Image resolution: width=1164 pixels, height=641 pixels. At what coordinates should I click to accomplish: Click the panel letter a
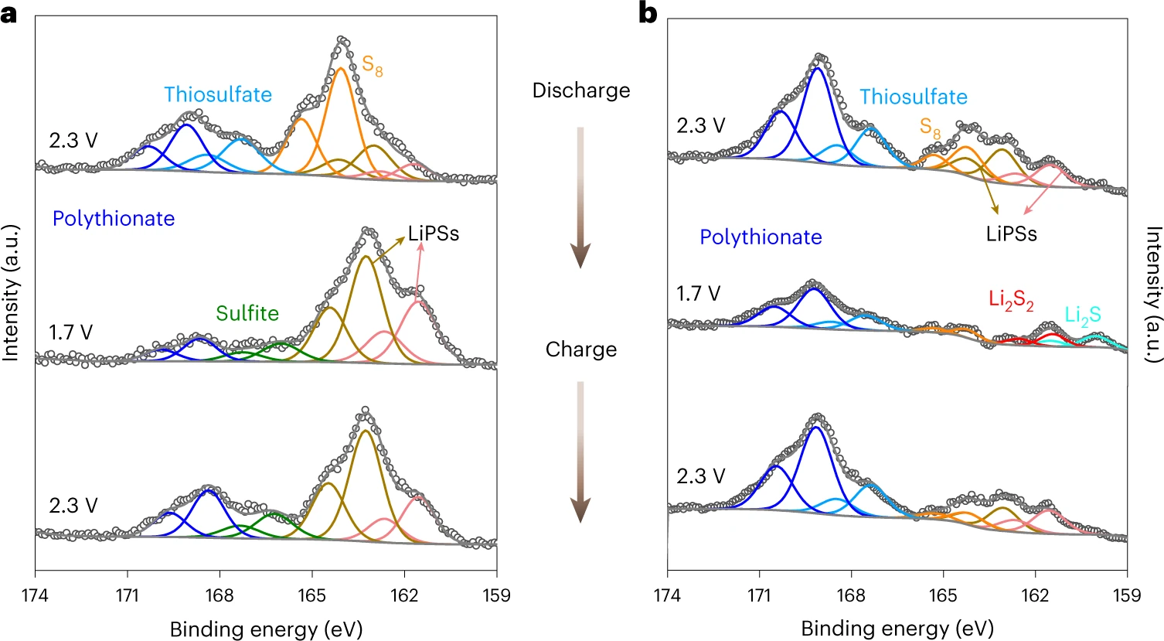click(9, 13)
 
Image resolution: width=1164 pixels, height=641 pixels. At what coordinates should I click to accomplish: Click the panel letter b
click(648, 13)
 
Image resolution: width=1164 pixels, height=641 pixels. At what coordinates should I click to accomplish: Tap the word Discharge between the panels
click(581, 90)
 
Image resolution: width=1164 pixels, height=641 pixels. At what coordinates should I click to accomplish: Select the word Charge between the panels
click(581, 349)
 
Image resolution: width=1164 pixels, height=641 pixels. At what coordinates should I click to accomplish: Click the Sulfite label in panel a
click(247, 313)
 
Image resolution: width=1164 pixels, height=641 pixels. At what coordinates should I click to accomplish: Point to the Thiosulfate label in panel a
click(218, 95)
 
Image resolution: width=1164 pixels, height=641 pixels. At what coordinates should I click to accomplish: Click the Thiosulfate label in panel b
click(914, 97)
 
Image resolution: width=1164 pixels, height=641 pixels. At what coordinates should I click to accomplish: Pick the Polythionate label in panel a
click(114, 219)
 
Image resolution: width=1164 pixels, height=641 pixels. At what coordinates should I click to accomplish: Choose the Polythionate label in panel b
click(761, 237)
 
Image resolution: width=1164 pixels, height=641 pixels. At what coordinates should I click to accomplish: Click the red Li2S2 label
click(1011, 300)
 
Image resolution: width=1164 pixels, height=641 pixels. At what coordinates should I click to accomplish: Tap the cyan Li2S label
click(1083, 315)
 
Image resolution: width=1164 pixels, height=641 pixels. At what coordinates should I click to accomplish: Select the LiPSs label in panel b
click(1011, 234)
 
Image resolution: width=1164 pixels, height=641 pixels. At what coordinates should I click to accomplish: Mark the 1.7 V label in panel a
click(70, 332)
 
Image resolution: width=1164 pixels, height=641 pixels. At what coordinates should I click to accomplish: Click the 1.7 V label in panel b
click(698, 294)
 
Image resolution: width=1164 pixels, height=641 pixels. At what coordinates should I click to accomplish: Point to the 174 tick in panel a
click(36, 595)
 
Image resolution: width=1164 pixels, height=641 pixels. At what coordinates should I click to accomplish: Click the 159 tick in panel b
click(1127, 595)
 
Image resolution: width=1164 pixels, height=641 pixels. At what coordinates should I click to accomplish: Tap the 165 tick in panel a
click(312, 595)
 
